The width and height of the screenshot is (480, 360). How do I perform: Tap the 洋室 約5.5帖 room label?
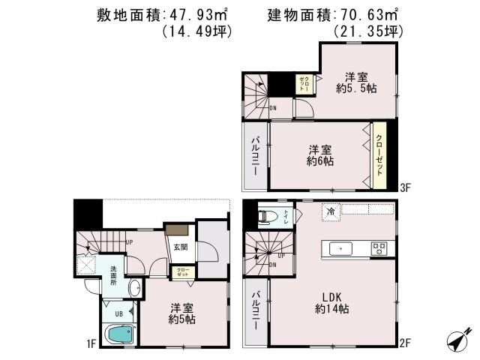356,82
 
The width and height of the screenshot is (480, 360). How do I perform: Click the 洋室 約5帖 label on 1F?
182,313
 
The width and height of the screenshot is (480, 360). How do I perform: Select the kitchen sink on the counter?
340,247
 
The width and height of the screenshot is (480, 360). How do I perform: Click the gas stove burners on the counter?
378,247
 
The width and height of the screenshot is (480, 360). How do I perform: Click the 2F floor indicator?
405,344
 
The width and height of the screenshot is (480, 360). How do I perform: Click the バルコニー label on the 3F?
255,156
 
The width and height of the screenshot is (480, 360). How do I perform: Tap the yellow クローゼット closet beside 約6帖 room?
379,154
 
